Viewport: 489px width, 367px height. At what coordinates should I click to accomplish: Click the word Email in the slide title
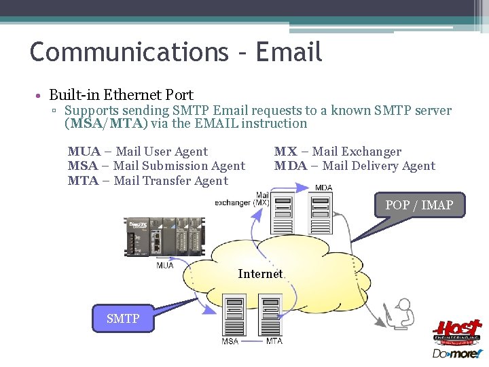pos(289,52)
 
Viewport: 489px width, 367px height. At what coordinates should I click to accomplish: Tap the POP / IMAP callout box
pos(419,205)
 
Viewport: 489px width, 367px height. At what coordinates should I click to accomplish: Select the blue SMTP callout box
pos(123,318)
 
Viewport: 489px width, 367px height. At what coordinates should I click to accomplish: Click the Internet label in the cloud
pos(260,274)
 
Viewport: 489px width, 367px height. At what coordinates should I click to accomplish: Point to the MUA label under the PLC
pos(165,265)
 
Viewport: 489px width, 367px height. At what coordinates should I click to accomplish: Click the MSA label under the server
pos(230,340)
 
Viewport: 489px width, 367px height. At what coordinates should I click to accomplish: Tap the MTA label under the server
pos(274,340)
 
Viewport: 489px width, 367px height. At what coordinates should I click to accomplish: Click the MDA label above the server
pos(323,188)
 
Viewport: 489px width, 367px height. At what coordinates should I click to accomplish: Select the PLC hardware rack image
pos(162,237)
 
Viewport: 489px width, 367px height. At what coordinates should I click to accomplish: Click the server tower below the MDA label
pos(319,212)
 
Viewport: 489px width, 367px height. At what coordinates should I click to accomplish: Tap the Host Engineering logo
pos(457,331)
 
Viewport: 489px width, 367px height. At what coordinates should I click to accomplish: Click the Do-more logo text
pos(457,353)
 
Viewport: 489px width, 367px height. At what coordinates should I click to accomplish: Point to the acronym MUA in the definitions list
pos(84,152)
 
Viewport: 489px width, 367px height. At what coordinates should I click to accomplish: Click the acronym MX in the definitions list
pos(285,152)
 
